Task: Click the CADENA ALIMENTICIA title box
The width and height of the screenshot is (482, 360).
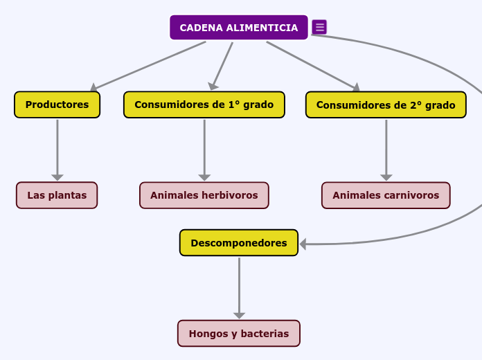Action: (x=239, y=28)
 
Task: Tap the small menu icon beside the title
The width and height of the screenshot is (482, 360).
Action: (x=319, y=27)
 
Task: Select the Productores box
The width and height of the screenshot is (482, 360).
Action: (x=57, y=105)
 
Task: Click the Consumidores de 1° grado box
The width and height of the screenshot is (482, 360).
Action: (x=204, y=105)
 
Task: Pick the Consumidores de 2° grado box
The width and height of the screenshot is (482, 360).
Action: (x=386, y=105)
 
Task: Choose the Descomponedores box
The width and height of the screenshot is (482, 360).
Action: (x=238, y=243)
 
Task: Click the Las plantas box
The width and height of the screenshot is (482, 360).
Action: (x=57, y=195)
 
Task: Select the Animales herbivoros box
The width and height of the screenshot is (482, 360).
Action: (x=204, y=195)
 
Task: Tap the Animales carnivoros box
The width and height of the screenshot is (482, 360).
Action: (x=386, y=195)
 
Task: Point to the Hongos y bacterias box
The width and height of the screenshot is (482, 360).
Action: (x=238, y=333)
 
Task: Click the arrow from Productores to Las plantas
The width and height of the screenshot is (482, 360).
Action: (x=57, y=149)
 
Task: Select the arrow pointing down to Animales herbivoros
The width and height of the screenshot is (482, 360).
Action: (x=204, y=149)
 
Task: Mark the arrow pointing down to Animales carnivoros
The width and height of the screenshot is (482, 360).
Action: (x=386, y=149)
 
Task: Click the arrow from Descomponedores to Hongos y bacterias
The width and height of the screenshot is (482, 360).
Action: (x=239, y=287)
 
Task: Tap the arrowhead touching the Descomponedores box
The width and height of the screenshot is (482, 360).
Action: (x=303, y=244)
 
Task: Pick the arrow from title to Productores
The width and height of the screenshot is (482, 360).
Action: (x=149, y=66)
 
